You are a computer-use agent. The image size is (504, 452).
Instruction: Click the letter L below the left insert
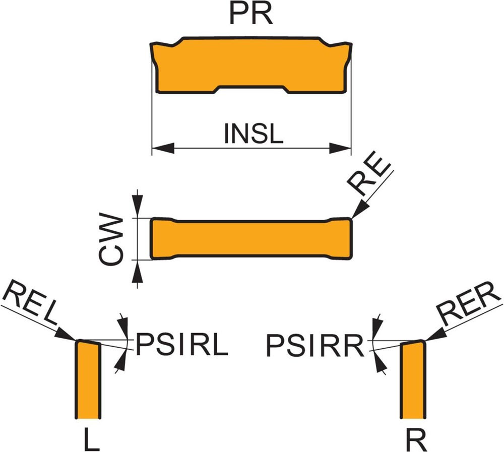[x=91, y=439]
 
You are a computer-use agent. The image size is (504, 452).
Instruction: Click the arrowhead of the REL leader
[x=67, y=335]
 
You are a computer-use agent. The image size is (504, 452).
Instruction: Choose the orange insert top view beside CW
[x=251, y=239]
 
